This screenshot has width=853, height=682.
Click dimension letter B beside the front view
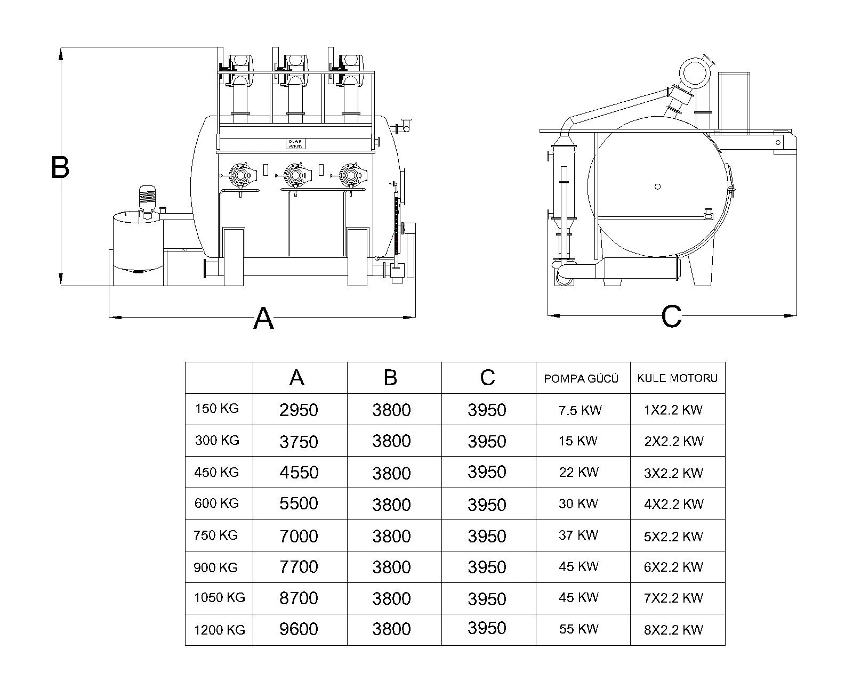[x=60, y=167]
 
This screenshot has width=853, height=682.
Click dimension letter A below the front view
[x=263, y=319]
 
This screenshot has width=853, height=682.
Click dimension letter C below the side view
[x=671, y=316]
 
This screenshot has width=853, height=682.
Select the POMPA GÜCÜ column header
[x=581, y=378]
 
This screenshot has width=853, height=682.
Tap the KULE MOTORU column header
[x=677, y=378]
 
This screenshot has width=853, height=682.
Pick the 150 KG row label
[x=217, y=409]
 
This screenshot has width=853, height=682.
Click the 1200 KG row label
[x=219, y=630]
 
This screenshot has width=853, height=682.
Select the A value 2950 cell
[x=299, y=410]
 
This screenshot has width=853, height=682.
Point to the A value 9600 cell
[x=299, y=629]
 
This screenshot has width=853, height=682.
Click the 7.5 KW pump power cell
[x=580, y=410]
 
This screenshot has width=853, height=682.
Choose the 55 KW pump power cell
[x=578, y=629]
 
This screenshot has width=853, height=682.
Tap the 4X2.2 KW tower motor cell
[x=673, y=504]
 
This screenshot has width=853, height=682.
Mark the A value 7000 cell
[x=299, y=535]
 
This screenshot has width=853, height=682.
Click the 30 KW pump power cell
[x=578, y=504]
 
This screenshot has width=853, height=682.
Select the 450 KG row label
[x=216, y=472]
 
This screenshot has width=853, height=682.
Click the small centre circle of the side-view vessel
[x=657, y=186]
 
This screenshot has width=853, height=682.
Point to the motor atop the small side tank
[x=147, y=198]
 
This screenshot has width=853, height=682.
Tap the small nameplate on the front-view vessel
[x=295, y=144]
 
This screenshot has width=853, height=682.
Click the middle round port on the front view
[x=295, y=174]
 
